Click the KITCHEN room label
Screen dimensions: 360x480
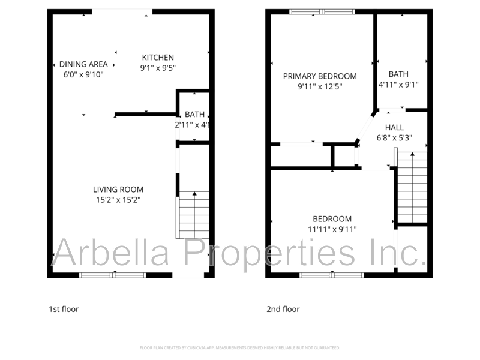pos(158,58)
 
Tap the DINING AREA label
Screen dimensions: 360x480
pos(83,64)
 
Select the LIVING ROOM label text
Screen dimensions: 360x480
pos(118,190)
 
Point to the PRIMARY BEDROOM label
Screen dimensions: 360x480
pos(320,76)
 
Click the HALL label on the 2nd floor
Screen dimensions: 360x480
pos(394,127)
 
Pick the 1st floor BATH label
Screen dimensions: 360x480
pos(194,115)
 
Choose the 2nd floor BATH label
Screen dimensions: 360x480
pos(398,74)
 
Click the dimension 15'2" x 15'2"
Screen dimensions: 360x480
pos(118,200)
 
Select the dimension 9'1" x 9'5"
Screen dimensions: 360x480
pos(158,68)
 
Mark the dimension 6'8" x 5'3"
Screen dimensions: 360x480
pos(394,137)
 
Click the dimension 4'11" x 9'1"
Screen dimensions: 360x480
pos(398,85)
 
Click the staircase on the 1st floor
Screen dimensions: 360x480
pos(194,215)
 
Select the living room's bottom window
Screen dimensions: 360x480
pos(113,275)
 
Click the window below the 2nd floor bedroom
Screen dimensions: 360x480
pos(332,275)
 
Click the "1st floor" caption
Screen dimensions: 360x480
pos(64,310)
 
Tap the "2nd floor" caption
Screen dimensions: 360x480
pos(283,310)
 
